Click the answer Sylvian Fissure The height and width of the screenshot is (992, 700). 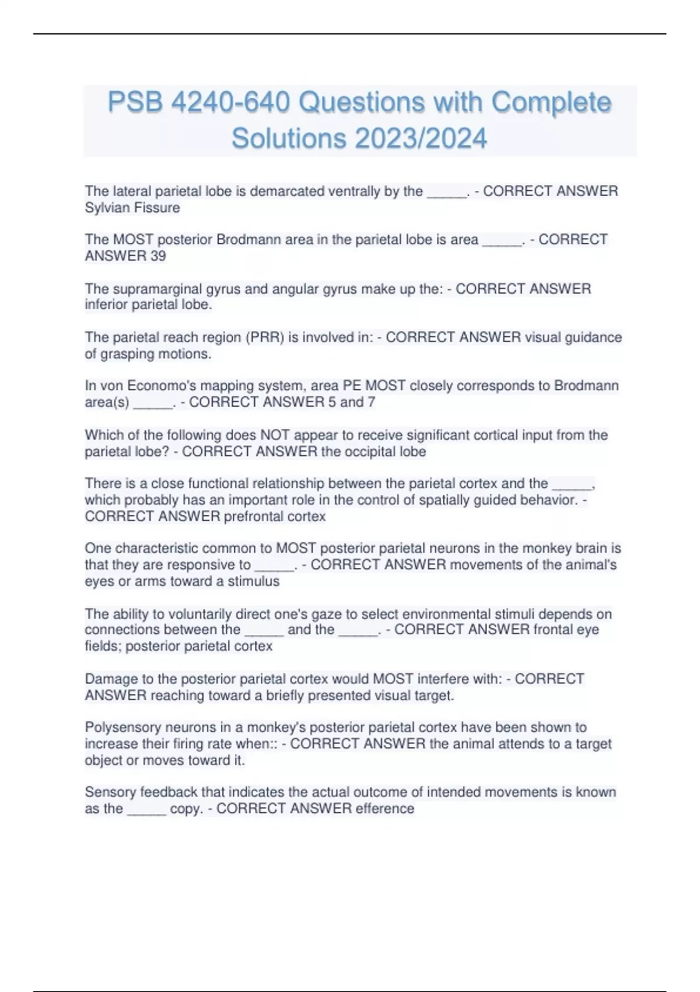(x=132, y=208)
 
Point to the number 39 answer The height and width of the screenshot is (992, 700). (x=158, y=256)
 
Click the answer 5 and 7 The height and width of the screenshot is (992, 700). (x=352, y=402)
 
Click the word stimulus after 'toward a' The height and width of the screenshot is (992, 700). (x=253, y=581)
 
